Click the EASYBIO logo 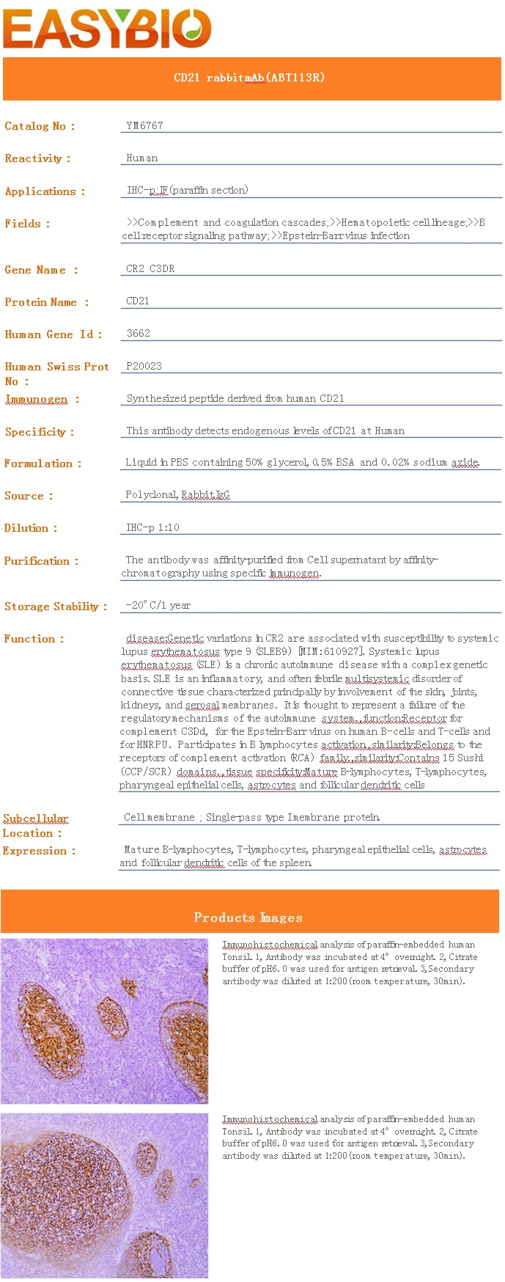click(107, 29)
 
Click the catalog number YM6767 click(144, 125)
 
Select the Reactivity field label click(37, 158)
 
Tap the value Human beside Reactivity click(141, 158)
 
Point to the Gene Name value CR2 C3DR click(150, 268)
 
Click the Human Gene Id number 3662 click(138, 333)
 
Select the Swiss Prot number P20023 click(144, 366)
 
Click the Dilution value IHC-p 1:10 click(152, 527)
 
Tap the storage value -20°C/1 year click(158, 605)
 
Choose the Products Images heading click(248, 917)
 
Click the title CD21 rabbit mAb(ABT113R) click(249, 78)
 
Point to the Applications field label click(45, 191)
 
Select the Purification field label click(41, 561)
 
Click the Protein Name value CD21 click(138, 301)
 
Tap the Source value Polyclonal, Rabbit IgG click(177, 495)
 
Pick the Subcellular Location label click(35, 826)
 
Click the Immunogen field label click(42, 399)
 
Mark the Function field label click(34, 639)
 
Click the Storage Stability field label click(56, 607)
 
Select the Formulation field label click(43, 464)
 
